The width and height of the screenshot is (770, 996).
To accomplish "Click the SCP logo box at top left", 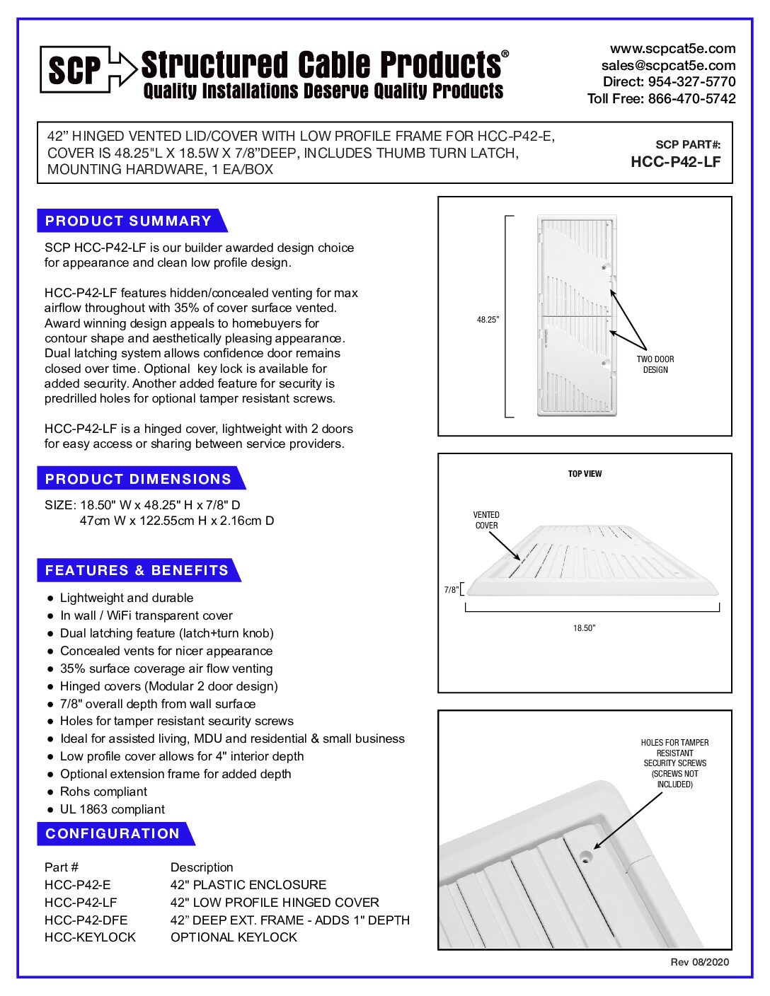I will pos(74,69).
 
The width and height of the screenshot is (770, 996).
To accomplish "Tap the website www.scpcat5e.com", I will pos(672,49).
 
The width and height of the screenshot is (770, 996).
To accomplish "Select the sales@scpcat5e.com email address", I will pos(668,65).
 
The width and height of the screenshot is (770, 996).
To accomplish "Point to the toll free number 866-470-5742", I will pos(691,99).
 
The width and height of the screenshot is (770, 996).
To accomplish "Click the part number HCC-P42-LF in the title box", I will pos(675,162).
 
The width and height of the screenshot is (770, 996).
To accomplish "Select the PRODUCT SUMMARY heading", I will pos(128,221).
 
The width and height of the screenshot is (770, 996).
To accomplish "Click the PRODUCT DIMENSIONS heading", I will pos(138,479).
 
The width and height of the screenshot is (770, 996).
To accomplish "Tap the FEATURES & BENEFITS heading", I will pos(137,570).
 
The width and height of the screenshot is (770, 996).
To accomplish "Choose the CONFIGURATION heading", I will pos(113,833).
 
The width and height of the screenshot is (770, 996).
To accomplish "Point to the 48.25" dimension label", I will pos(488,320).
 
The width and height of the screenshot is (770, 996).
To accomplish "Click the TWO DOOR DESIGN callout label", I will pos(655,364).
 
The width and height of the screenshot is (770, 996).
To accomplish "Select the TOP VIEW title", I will pos(585,474).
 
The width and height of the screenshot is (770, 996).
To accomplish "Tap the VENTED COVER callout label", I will pos(486,520).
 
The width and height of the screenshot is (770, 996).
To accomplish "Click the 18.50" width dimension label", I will pos(584,628).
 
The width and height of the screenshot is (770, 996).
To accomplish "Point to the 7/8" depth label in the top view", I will pos(451,590).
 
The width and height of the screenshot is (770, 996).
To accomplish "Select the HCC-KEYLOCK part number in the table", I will pos(90,937).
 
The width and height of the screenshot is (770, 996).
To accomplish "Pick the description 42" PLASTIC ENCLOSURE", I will pos(248,885).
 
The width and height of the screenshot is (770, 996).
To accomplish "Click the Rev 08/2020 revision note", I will pos(699,962).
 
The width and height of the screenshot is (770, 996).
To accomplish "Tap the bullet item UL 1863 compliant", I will pos(112,809).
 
